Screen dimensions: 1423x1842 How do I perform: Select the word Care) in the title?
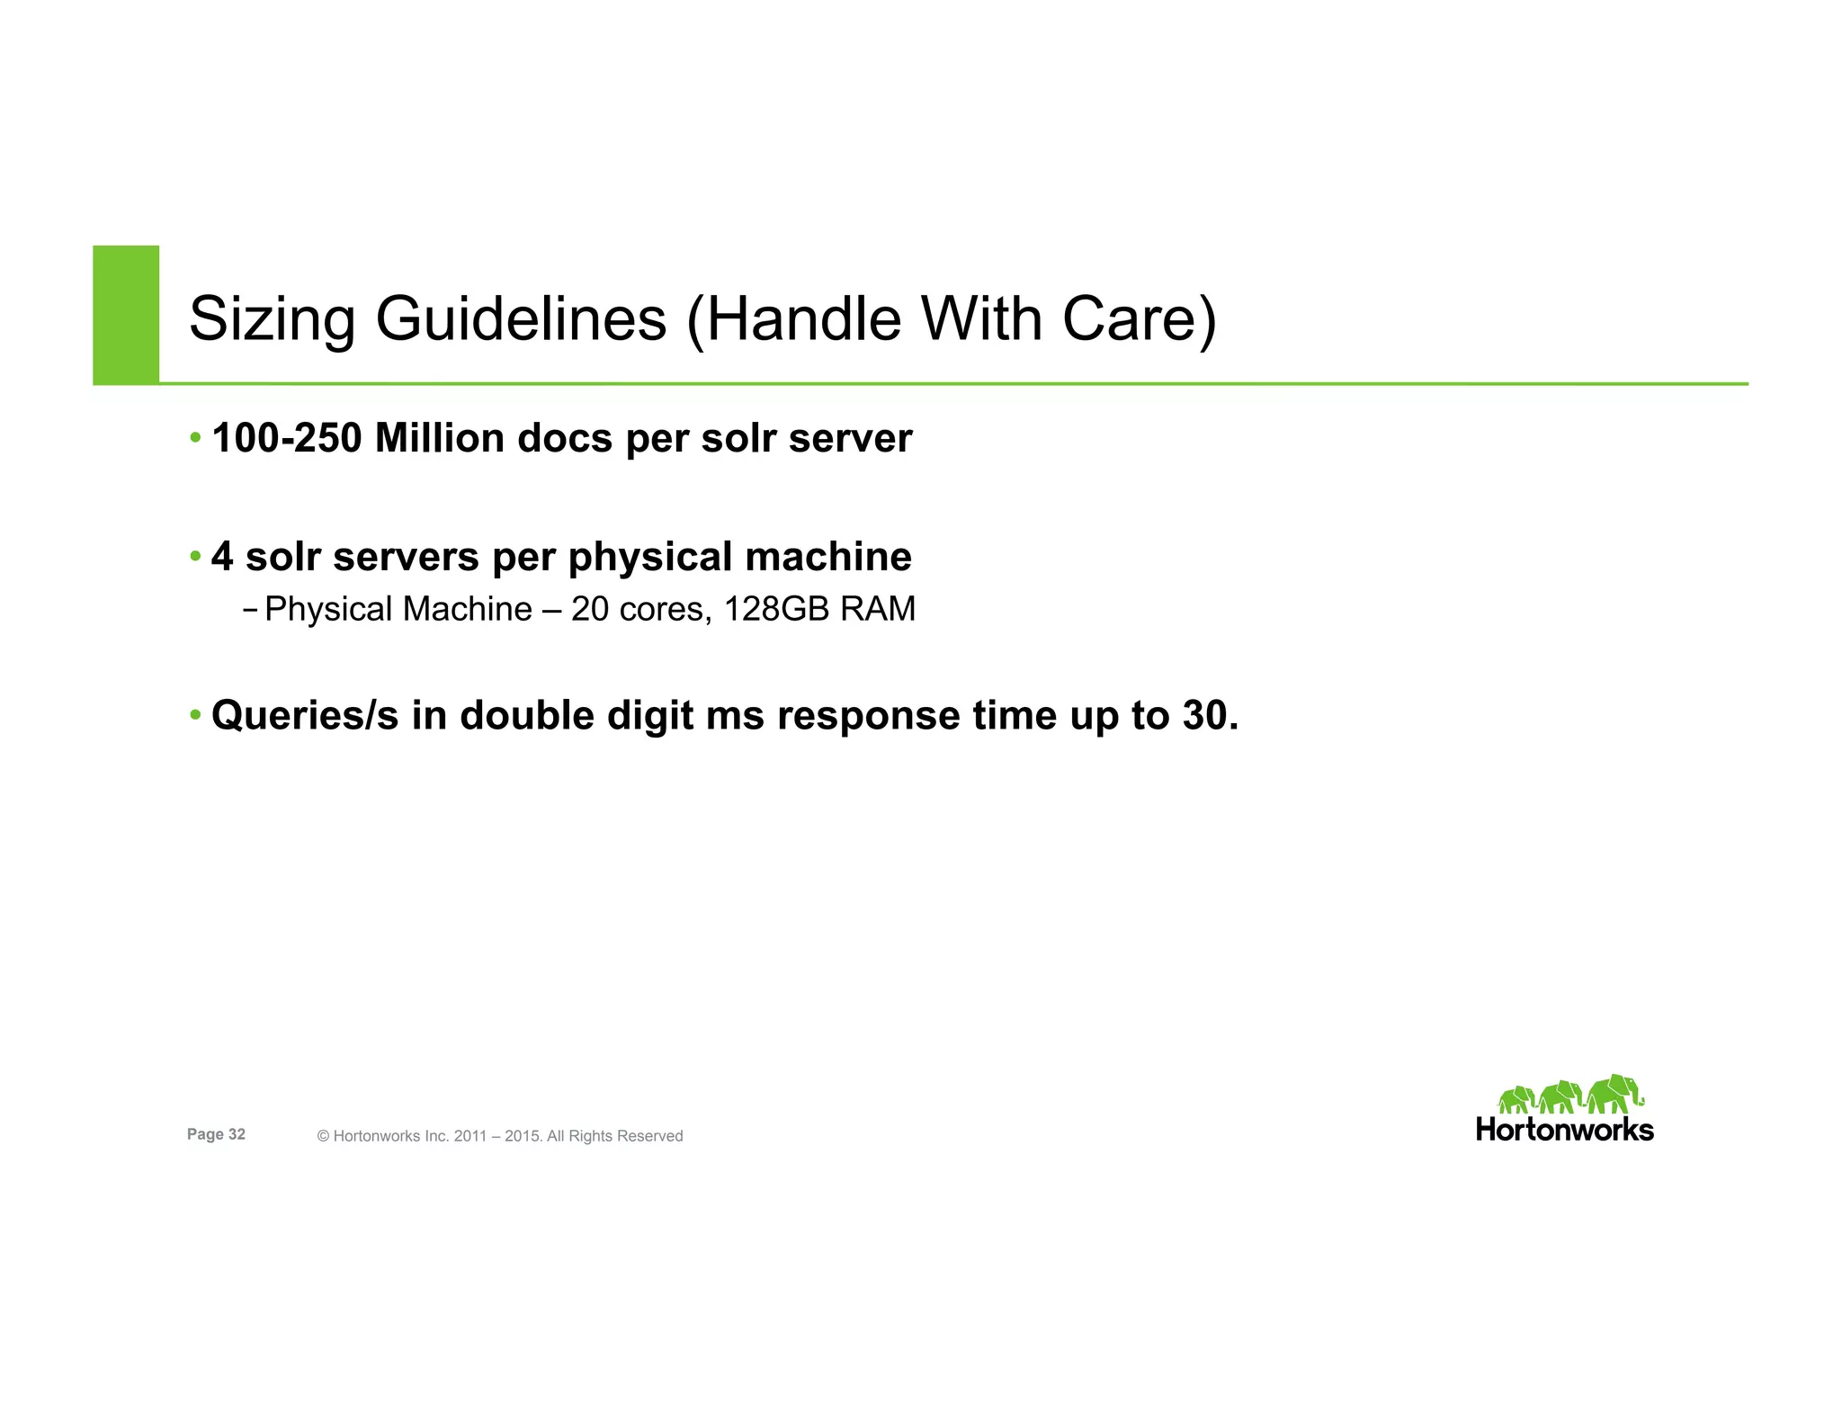[1139, 320]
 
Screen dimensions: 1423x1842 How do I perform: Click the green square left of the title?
[126, 314]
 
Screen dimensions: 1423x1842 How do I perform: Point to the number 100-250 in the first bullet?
[286, 439]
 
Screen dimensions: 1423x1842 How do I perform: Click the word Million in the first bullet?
[439, 439]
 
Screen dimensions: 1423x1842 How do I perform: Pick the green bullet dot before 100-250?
[195, 439]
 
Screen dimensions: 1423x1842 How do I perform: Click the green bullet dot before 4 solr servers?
[195, 557]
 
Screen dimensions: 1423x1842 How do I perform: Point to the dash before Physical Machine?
[250, 610]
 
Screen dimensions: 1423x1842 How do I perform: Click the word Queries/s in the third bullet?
[304, 717]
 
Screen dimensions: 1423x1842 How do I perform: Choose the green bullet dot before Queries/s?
[195, 716]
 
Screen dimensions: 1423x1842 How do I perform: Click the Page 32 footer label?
[216, 1134]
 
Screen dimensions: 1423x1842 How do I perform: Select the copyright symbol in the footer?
[323, 1137]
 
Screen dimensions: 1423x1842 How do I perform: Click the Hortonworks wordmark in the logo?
[1564, 1131]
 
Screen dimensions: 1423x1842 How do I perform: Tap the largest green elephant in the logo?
[1614, 1093]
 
